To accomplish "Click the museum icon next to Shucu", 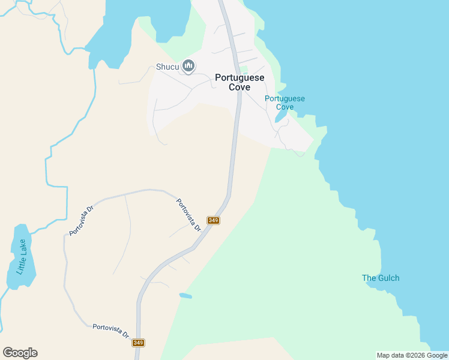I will click(188, 66).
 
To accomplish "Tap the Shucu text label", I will click(167, 67).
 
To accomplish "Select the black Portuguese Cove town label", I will click(240, 82).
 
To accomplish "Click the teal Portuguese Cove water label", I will click(285, 103).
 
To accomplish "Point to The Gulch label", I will click(381, 278).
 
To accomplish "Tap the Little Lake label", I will click(22, 257).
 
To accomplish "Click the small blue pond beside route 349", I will click(185, 295).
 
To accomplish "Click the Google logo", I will click(20, 353).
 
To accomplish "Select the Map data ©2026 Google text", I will click(412, 355).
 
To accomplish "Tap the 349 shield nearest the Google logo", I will click(138, 343).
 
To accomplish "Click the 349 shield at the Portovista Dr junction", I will click(213, 220).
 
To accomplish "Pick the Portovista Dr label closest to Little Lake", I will click(82, 220).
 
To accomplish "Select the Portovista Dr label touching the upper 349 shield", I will click(188, 215).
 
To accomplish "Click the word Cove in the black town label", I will click(240, 87).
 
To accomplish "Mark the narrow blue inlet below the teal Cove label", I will click(280, 116).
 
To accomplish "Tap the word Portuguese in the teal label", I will click(285, 98).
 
